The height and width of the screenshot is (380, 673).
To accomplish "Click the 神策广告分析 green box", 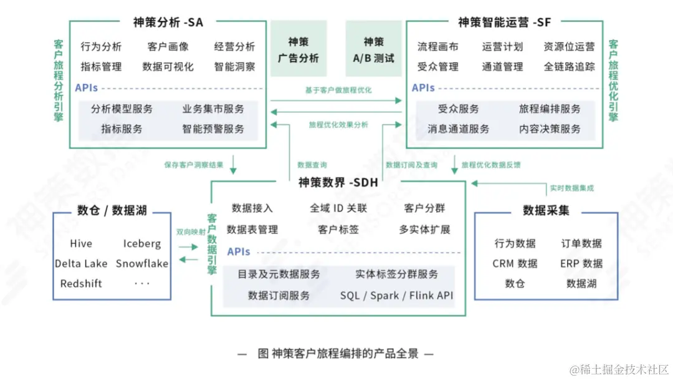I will point(298,49).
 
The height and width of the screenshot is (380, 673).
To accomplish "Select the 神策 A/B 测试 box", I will point(373,49).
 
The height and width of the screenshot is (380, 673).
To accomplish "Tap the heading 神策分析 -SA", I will point(168,22).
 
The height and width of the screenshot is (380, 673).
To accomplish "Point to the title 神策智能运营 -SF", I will point(505,22).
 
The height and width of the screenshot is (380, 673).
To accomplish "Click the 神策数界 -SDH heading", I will point(338,182).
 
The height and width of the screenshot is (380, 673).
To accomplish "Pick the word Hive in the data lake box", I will point(81,243).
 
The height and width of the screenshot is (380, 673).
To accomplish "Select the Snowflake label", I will point(142,263).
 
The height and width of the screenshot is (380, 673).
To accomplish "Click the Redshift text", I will point(81,283).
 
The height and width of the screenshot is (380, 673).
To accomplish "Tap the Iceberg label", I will point(142,243).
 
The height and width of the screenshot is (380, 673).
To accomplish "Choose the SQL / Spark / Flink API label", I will point(396,295).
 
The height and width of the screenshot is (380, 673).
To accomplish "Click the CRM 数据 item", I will point(515,263).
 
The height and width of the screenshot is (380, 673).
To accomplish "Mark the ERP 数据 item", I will point(581,263).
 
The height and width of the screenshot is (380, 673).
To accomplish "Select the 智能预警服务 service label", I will point(213,129).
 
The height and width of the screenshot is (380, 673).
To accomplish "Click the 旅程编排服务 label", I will point(550,109).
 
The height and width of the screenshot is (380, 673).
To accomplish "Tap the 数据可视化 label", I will point(168,66).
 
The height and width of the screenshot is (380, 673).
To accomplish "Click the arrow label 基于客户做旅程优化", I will point(338,90).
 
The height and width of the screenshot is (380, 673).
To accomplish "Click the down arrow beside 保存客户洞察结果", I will point(233,165).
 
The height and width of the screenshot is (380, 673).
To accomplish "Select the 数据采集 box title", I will point(546,210).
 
